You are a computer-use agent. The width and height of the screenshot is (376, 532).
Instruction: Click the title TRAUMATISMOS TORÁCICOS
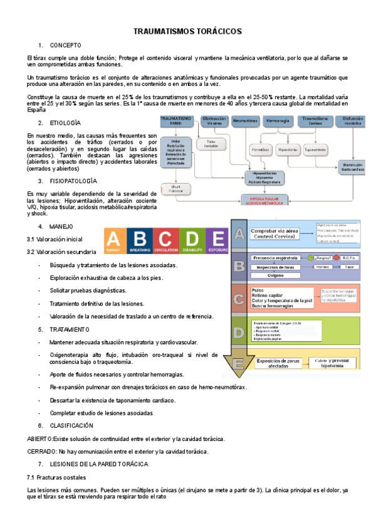[x=188, y=31]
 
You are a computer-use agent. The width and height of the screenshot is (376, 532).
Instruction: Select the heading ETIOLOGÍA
[x=65, y=123]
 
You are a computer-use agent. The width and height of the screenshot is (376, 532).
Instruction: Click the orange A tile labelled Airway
[x=113, y=241]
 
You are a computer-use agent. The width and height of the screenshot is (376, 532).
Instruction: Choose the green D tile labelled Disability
[x=192, y=241]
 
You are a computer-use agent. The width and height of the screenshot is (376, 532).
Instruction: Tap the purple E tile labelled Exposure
[x=218, y=241]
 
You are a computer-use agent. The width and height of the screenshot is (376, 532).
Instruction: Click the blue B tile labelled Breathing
[x=140, y=241]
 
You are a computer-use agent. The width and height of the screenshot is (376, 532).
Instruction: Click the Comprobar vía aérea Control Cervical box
[x=274, y=234]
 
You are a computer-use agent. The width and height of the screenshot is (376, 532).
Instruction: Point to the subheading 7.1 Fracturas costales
[x=53, y=477]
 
